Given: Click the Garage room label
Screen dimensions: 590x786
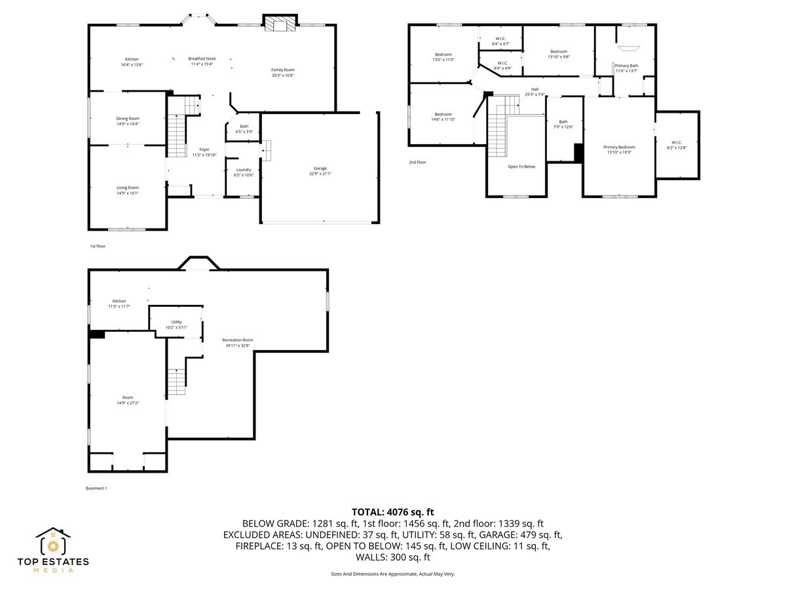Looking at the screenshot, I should coord(320,168).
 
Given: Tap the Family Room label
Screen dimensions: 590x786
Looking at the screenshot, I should coord(283,69).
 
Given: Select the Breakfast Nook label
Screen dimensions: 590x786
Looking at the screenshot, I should coord(202,58).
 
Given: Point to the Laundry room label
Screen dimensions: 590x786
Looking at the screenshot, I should coord(244,170).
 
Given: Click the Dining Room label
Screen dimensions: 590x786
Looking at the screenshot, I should coord(128,119).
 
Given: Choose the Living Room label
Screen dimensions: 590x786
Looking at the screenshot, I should coord(128,187).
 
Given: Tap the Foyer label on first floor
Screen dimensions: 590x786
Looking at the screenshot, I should coord(204,149).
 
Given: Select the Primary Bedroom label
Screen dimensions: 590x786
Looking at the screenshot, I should coord(619,147).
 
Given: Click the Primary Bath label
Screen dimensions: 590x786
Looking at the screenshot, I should coord(626,66).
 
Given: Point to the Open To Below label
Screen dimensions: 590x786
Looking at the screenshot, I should coord(521,167).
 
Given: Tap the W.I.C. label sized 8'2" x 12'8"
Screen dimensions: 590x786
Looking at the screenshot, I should coord(677,142).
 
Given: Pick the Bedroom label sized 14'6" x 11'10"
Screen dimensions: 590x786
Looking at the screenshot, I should coord(443,115).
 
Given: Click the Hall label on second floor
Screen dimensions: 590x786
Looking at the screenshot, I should coord(534,89).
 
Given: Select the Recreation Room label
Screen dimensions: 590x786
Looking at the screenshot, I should coord(237,340).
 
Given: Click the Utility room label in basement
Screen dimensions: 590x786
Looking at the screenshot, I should coord(176,322).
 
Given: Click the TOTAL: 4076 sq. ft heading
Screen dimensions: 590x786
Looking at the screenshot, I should coord(393,512).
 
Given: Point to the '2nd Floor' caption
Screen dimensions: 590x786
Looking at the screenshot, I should coord(418,162).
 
